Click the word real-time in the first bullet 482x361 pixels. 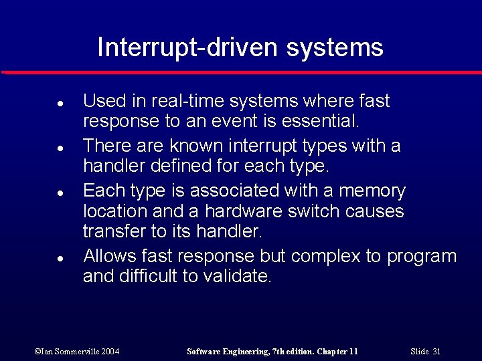183,101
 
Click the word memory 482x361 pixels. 372,191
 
